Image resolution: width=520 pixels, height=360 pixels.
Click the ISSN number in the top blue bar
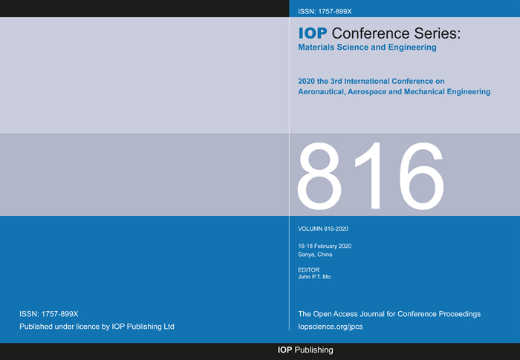[325, 12]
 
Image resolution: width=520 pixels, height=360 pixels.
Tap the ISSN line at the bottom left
[49, 314]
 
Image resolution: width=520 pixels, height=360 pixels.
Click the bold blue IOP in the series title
[313, 33]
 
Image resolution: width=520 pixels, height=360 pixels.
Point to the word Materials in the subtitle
[316, 47]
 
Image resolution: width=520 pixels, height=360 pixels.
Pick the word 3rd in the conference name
[336, 81]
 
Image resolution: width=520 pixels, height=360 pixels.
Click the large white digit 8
[319, 176]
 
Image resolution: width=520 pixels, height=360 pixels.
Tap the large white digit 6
[421, 176]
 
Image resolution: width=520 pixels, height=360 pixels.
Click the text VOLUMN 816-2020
[323, 229]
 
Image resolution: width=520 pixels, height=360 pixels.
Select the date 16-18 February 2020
[325, 246]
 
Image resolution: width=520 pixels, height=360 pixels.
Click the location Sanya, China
[315, 255]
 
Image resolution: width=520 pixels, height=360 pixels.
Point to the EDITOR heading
[309, 270]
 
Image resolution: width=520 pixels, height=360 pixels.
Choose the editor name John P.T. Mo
[314, 277]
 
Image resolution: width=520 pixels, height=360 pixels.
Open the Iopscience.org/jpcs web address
[331, 327]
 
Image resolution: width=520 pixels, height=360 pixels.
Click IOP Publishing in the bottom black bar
[305, 350]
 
